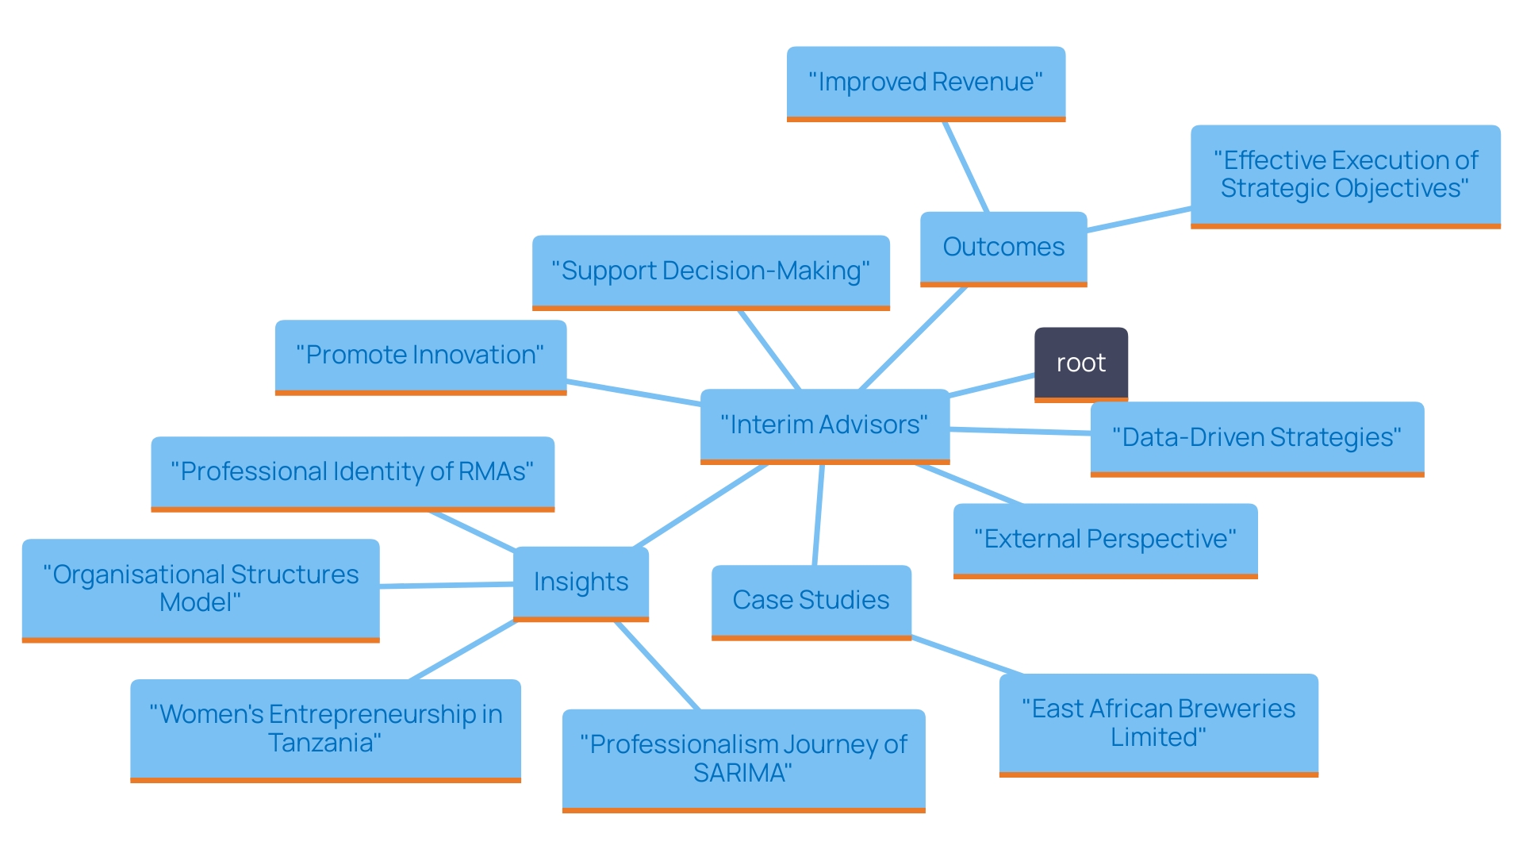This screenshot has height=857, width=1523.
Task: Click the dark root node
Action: point(1080,363)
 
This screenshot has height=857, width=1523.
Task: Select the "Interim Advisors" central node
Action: point(824,425)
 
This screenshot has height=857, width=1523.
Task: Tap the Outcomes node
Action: point(1003,247)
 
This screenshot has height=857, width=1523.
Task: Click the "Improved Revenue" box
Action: point(925,82)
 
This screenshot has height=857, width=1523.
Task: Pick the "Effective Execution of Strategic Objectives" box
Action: point(1345,175)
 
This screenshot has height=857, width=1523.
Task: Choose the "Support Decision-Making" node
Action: point(710,271)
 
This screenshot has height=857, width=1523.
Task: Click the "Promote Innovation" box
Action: point(420,355)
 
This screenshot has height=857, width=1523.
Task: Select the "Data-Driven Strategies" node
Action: point(1256,437)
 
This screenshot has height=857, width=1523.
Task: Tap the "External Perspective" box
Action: point(1105,539)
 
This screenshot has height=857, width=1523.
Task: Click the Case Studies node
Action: point(811,600)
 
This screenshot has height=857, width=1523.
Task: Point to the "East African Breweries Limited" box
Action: point(1158,723)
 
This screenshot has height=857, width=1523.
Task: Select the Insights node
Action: point(581,582)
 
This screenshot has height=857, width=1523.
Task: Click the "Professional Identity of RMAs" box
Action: point(352,471)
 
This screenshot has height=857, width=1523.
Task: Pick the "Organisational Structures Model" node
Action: point(201,588)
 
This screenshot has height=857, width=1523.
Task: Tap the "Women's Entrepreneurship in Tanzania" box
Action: point(325,728)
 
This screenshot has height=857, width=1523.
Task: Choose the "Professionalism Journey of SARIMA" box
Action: point(743,759)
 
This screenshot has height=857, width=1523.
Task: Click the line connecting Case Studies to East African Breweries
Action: point(967,655)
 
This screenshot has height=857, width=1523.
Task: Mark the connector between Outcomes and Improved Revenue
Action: point(965,167)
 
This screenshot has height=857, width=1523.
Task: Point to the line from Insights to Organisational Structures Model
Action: point(447,586)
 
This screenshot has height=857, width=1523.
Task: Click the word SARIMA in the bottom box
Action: point(742,773)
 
